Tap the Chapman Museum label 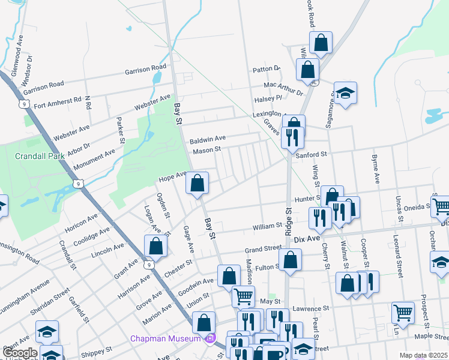(x=166, y=339)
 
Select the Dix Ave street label (x=307, y=239)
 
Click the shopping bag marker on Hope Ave (x=197, y=183)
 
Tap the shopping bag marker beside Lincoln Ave (x=155, y=245)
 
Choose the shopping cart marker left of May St (x=243, y=296)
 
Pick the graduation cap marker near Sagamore (x=345, y=93)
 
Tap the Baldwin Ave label (x=208, y=139)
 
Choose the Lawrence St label (x=312, y=309)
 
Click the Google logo (x=20, y=353)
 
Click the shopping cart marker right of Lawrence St (x=403, y=311)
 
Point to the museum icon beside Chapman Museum (x=209, y=339)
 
